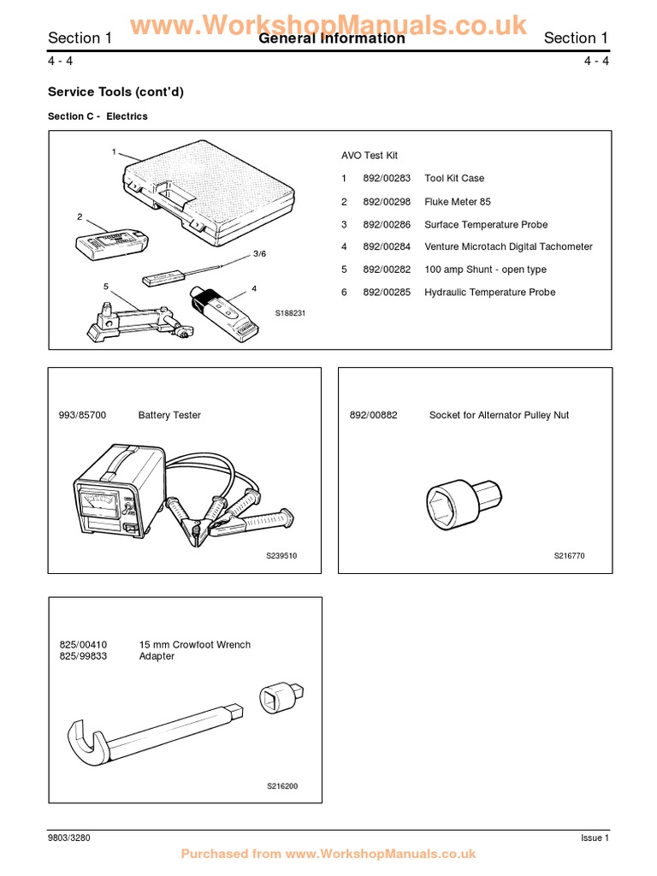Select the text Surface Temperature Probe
[485, 224]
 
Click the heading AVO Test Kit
[370, 156]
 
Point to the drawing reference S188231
[290, 314]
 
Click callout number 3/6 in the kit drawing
[260, 254]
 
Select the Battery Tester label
[169, 415]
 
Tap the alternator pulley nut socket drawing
[463, 499]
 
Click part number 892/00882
[374, 415]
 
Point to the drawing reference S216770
[570, 556]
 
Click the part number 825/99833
[83, 656]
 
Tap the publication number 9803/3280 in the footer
[69, 838]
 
